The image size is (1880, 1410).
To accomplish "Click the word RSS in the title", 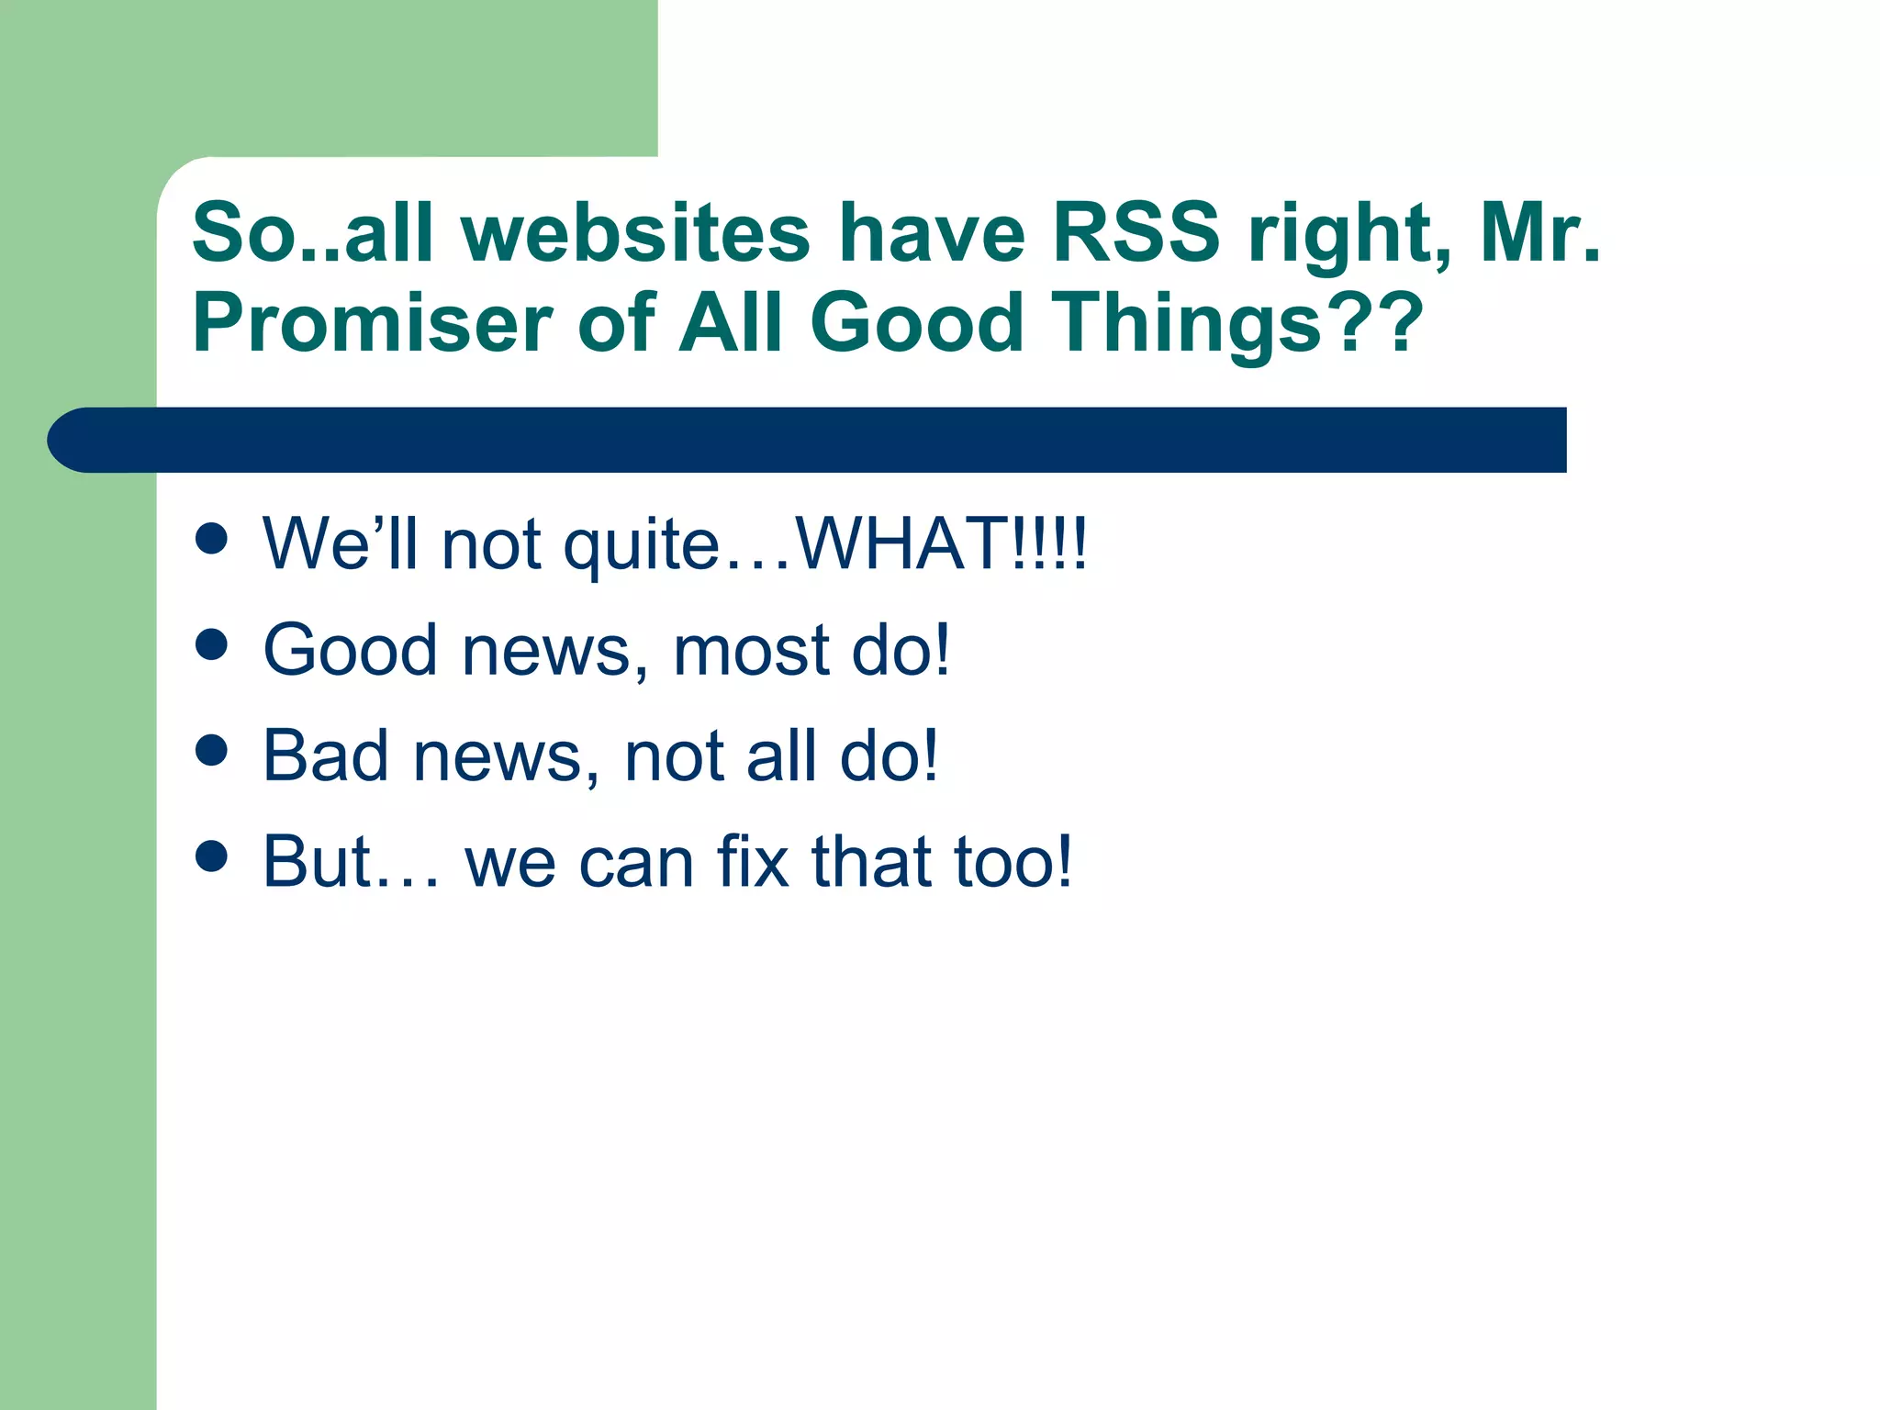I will point(1136,233).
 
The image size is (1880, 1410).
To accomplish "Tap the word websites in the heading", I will point(635,233).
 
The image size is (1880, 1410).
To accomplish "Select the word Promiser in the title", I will point(372,323).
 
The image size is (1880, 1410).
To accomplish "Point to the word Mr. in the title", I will point(1540,233).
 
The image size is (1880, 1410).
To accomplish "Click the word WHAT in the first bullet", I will point(900,543).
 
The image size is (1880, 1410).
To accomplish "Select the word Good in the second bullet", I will point(350,650).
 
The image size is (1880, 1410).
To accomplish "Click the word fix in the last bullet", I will point(753,861).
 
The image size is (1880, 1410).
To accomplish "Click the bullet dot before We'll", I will point(211,539).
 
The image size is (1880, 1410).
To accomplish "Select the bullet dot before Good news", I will point(211,644).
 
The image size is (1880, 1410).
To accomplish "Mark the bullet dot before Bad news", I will point(211,750).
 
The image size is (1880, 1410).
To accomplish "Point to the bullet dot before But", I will point(211,856).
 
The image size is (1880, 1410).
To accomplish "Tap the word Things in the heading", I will point(1189,323).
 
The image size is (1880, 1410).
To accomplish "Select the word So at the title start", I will point(243,233).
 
